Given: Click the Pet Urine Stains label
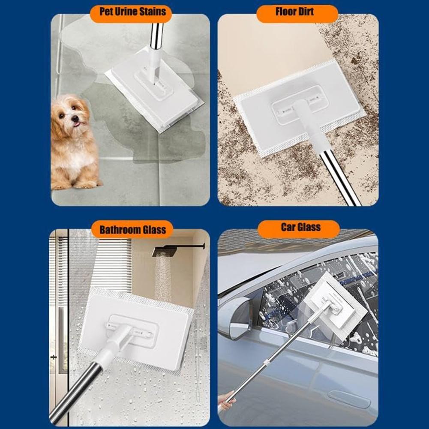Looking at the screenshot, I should (x=132, y=11).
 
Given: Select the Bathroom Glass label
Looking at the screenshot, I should (x=132, y=230).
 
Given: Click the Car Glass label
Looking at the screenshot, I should (x=300, y=227).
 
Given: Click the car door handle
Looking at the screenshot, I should (x=349, y=399).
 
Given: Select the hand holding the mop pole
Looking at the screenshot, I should (x=226, y=400).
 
